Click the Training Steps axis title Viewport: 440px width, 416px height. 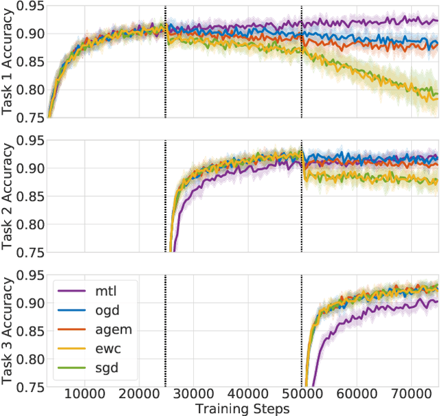(243, 408)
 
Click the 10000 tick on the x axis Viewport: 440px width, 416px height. (85, 396)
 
